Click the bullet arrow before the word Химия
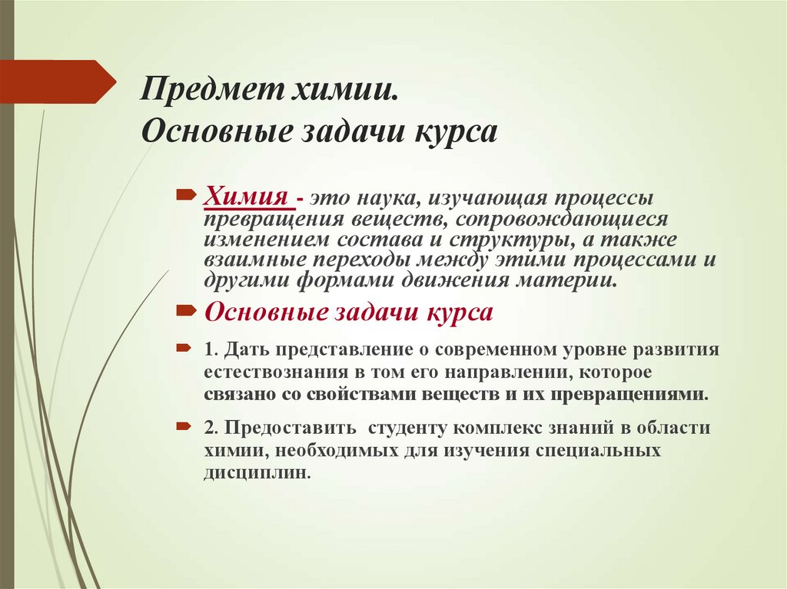click(186, 197)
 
